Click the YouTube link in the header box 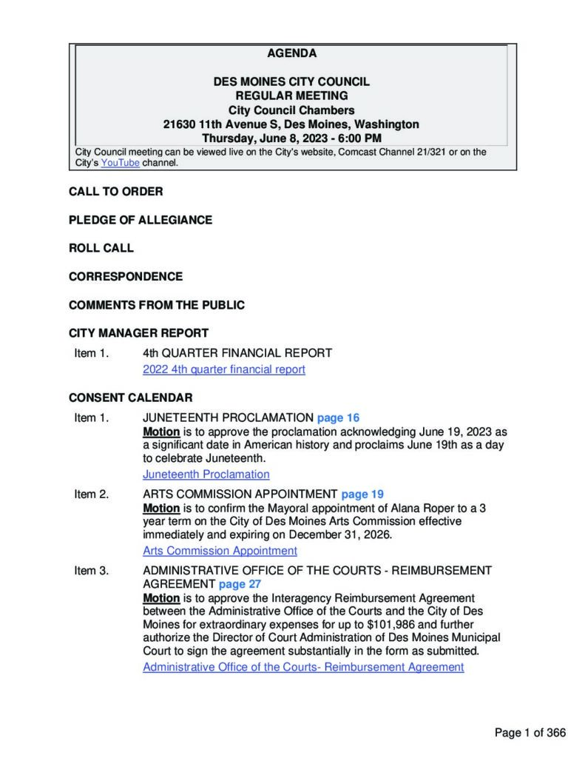tap(120, 163)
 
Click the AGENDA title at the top tap(291, 53)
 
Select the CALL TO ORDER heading tap(115, 192)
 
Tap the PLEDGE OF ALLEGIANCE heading tap(140, 220)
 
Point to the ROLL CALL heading tap(101, 248)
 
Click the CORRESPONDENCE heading tap(125, 277)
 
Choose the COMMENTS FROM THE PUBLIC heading tap(156, 305)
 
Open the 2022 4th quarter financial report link tap(223, 369)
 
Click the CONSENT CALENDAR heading tap(130, 398)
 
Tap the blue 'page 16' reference tap(338, 418)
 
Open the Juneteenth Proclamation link tap(206, 474)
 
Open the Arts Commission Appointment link tap(220, 551)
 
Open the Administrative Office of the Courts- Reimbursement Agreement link tap(303, 667)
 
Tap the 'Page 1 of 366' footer tap(530, 733)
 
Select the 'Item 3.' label tap(91, 570)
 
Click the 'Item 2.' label tap(91, 494)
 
